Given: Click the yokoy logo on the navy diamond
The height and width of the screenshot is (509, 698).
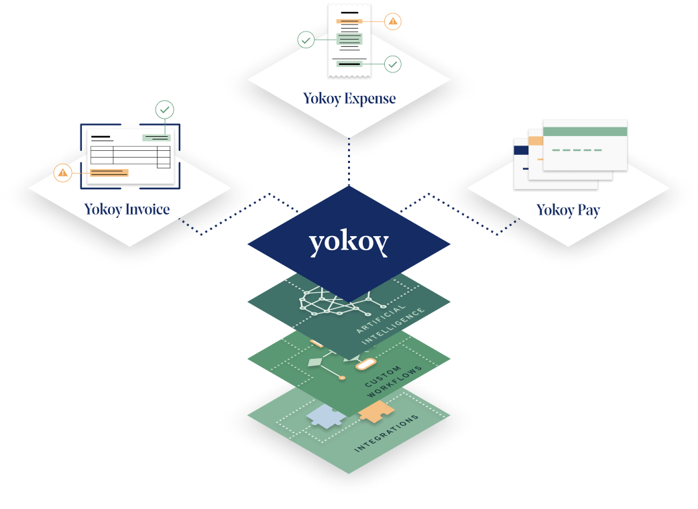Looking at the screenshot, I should pyautogui.click(x=349, y=243).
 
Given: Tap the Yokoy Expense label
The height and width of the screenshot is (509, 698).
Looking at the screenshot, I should pyautogui.click(x=349, y=99).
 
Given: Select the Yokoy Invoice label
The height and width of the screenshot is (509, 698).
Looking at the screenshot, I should pyautogui.click(x=127, y=209).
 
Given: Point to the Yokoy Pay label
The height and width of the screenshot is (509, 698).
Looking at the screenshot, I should pyautogui.click(x=568, y=210).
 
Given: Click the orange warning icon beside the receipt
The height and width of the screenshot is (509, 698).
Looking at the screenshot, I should pyautogui.click(x=393, y=21).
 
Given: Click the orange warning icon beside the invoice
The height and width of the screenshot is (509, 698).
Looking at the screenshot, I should pyautogui.click(x=62, y=173).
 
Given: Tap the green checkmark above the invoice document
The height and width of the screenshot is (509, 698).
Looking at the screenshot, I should pyautogui.click(x=164, y=109).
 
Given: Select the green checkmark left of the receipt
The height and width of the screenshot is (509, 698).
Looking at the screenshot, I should pyautogui.click(x=306, y=41).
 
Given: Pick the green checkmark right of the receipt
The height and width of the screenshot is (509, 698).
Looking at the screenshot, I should pyautogui.click(x=393, y=64).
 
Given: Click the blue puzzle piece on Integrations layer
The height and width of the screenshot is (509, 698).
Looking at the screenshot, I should pyautogui.click(x=327, y=417).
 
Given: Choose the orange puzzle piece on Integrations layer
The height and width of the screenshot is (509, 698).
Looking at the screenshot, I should pyautogui.click(x=376, y=411).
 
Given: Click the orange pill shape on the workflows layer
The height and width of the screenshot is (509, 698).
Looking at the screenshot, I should pyautogui.click(x=365, y=364).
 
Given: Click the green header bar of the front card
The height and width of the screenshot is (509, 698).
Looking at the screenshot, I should pyautogui.click(x=585, y=131).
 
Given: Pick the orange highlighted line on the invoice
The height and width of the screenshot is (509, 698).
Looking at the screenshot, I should pyautogui.click(x=108, y=173).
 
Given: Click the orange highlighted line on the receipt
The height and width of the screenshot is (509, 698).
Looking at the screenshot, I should pyautogui.click(x=349, y=21).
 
